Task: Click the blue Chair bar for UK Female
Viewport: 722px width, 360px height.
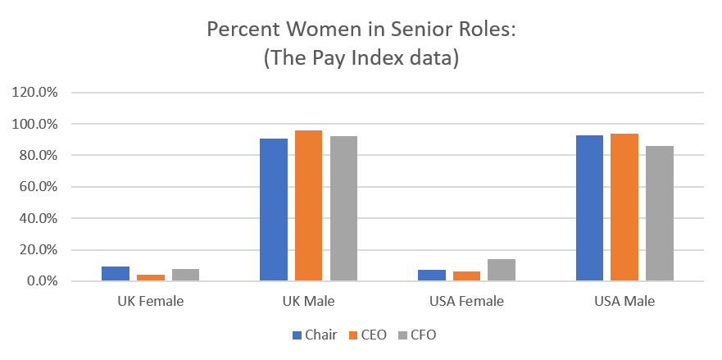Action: click(x=116, y=274)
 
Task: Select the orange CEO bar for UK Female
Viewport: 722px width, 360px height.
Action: click(x=151, y=278)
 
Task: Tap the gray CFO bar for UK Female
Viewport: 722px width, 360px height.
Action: click(x=185, y=275)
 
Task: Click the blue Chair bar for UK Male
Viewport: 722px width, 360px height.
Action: click(x=274, y=210)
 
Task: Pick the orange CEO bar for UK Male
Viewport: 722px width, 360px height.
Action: click(x=309, y=206)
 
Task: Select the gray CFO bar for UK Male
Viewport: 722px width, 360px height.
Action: click(x=343, y=208)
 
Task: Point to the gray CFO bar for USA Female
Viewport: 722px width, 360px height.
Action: click(x=502, y=270)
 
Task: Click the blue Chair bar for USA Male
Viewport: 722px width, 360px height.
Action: click(x=590, y=208)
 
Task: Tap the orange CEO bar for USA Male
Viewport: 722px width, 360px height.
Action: click(x=624, y=207)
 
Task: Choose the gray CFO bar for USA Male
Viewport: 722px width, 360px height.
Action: click(x=660, y=213)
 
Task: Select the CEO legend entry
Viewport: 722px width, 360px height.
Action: click(x=366, y=335)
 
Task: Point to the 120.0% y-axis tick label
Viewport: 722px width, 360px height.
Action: click(x=34, y=93)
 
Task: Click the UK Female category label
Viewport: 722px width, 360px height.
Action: click(x=151, y=301)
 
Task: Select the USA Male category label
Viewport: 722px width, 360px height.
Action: click(x=624, y=301)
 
